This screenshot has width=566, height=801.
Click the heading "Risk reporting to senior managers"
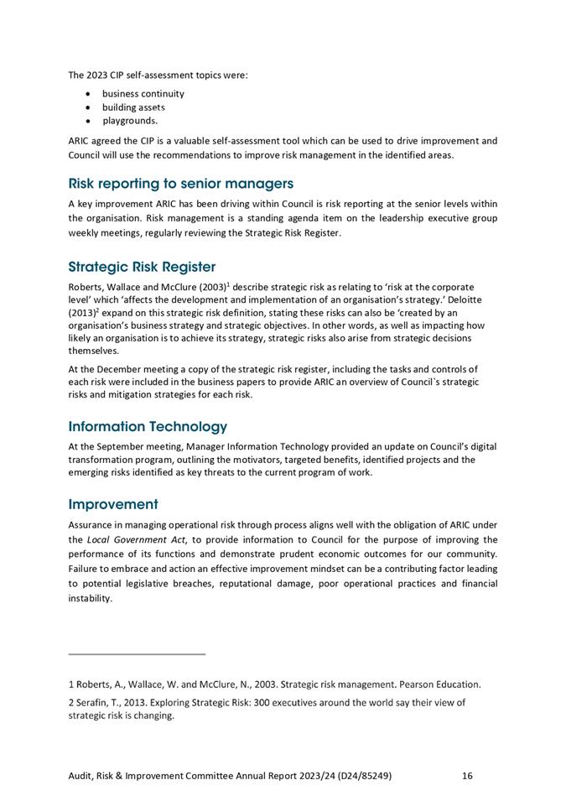click(x=180, y=184)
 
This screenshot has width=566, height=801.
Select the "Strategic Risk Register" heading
click(x=142, y=268)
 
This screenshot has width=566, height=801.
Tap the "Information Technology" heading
click(x=148, y=427)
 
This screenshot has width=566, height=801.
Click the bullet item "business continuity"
click(x=143, y=94)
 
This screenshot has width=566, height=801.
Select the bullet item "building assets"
click(x=133, y=107)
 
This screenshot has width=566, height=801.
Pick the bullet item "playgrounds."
click(x=130, y=121)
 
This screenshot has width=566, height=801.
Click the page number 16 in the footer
click(x=467, y=776)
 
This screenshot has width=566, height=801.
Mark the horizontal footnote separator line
click(x=137, y=654)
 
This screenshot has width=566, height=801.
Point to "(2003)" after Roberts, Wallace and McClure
click(x=208, y=287)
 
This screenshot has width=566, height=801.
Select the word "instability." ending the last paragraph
click(x=90, y=599)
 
